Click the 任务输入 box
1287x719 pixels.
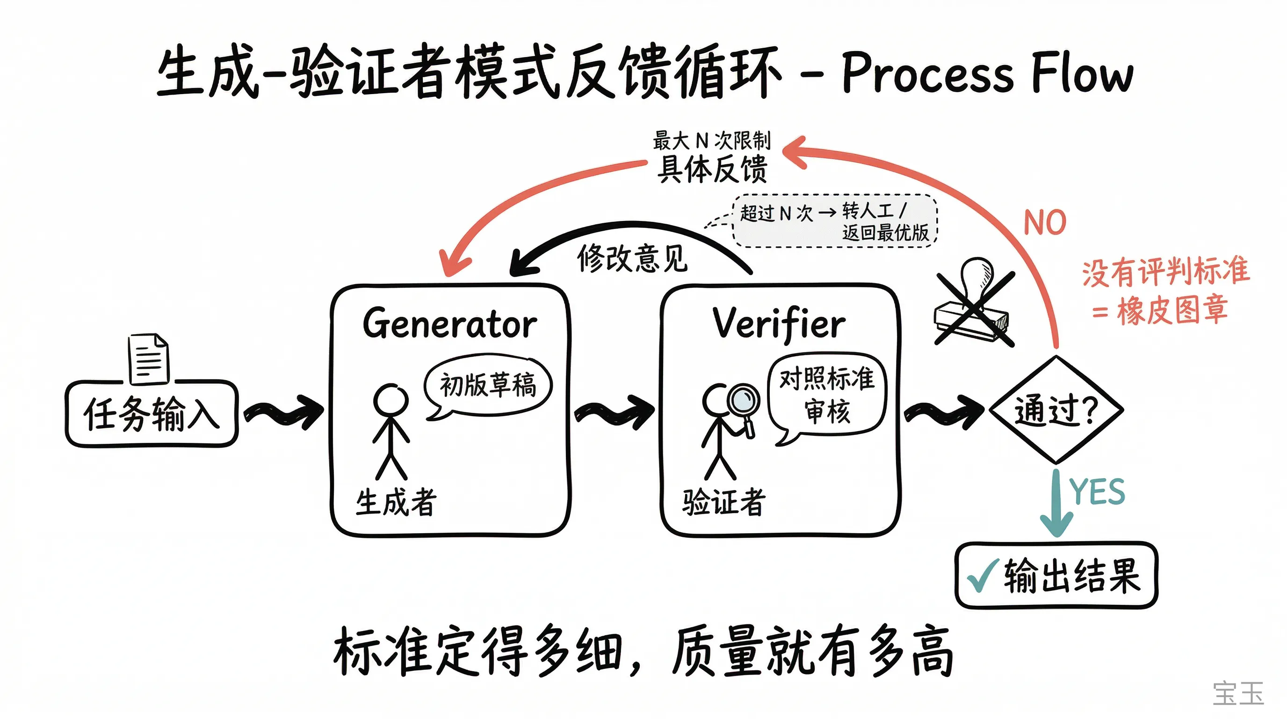[x=152, y=414]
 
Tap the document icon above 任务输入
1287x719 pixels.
[x=148, y=359]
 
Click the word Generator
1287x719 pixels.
[x=449, y=324]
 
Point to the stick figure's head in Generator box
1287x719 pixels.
[x=391, y=400]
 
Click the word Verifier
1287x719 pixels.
[x=778, y=324]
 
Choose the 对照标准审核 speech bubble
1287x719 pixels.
[x=827, y=395]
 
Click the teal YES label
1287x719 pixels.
[x=1097, y=492]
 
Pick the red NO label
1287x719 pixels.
[x=1045, y=222]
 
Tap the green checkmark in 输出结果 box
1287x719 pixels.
[x=982, y=576]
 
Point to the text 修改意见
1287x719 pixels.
[x=632, y=258]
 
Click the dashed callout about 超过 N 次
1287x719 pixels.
[x=834, y=221]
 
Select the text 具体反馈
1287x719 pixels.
[x=712, y=169]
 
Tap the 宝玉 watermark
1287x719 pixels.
[x=1238, y=694]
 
